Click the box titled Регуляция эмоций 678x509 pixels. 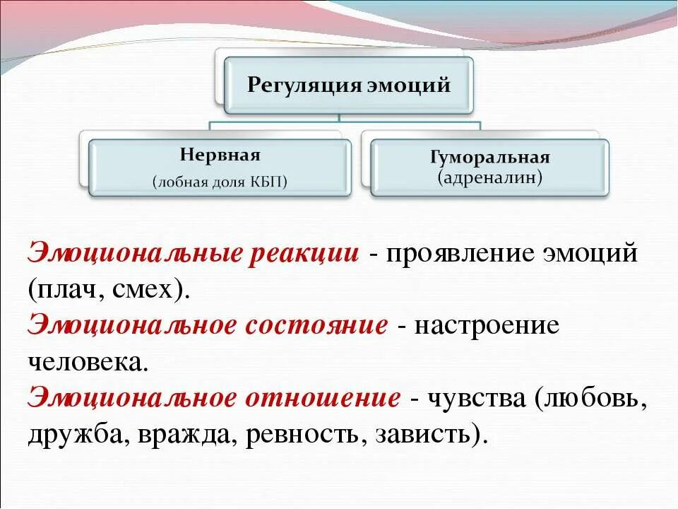348,86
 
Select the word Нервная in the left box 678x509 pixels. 220,156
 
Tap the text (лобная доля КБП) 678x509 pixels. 220,182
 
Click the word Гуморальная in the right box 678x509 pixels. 489,157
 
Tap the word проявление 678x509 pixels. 459,253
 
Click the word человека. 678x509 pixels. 88,362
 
